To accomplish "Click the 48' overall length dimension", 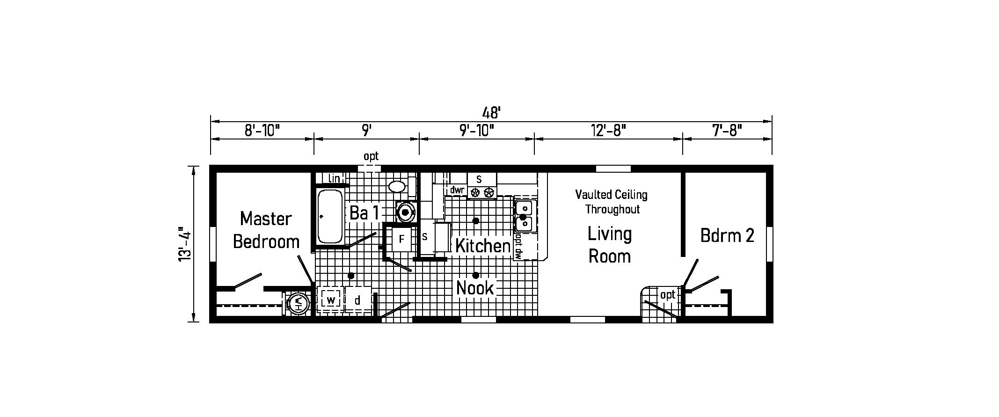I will [491, 112].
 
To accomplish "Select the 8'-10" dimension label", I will [262, 130].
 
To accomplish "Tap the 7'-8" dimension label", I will [727, 130].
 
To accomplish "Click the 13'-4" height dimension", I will [185, 244].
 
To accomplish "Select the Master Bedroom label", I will [266, 230].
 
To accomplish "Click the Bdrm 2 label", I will [727, 235].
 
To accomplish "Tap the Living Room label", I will [609, 244].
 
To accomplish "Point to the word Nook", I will [475, 288].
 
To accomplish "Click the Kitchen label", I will [482, 246].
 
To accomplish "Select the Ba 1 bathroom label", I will [364, 213].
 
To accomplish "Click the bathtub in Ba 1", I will [330, 216].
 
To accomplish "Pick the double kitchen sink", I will [525, 216].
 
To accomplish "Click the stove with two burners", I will [482, 186].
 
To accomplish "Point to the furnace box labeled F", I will [401, 240].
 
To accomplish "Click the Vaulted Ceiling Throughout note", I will [612, 202].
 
